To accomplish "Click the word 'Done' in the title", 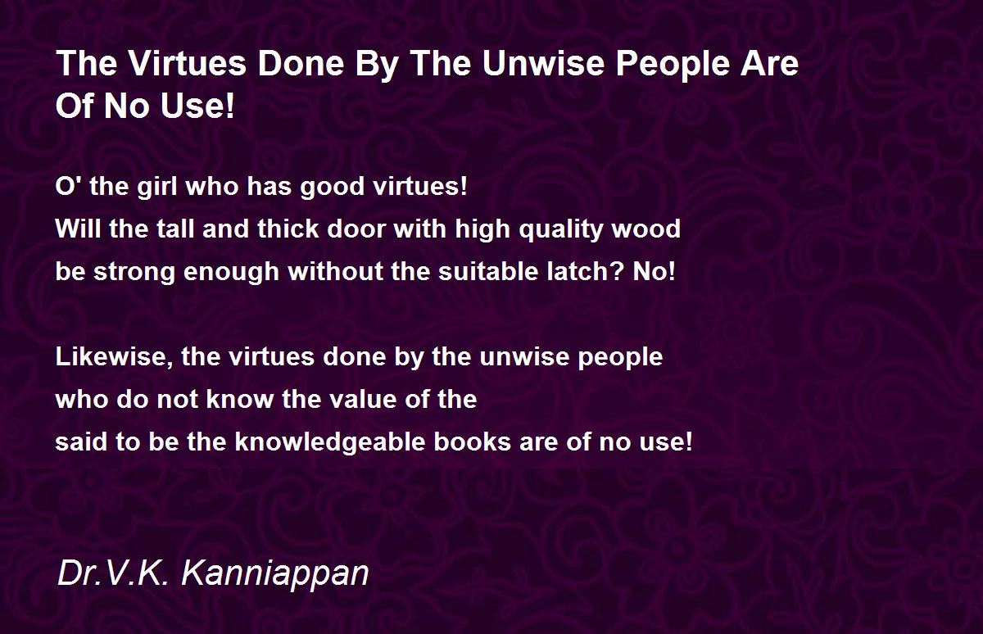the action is (301, 63).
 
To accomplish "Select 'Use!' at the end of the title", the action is (197, 106).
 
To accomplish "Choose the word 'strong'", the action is (134, 272).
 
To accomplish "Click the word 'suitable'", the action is (488, 271).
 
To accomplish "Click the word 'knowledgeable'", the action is (330, 442).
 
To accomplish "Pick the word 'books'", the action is (473, 442).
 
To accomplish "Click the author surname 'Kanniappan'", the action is (275, 574).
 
